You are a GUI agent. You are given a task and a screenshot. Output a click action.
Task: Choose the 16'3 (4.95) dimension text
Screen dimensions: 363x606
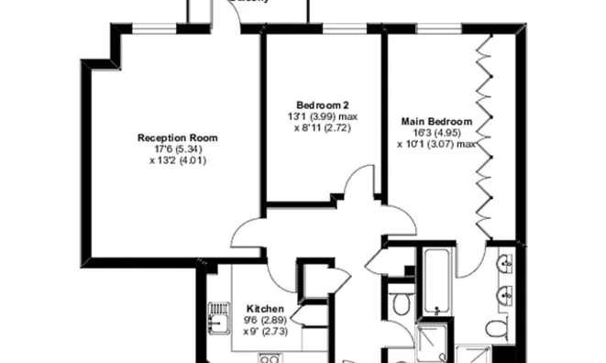[x=436, y=133]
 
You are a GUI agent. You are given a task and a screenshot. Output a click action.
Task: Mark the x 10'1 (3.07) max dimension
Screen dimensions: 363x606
[x=436, y=144]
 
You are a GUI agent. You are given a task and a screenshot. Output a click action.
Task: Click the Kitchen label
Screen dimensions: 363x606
[x=264, y=309]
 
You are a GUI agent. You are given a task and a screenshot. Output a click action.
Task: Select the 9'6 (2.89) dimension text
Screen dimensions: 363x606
[x=264, y=320]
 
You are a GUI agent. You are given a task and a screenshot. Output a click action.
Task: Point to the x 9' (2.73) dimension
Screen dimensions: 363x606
[x=264, y=331]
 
